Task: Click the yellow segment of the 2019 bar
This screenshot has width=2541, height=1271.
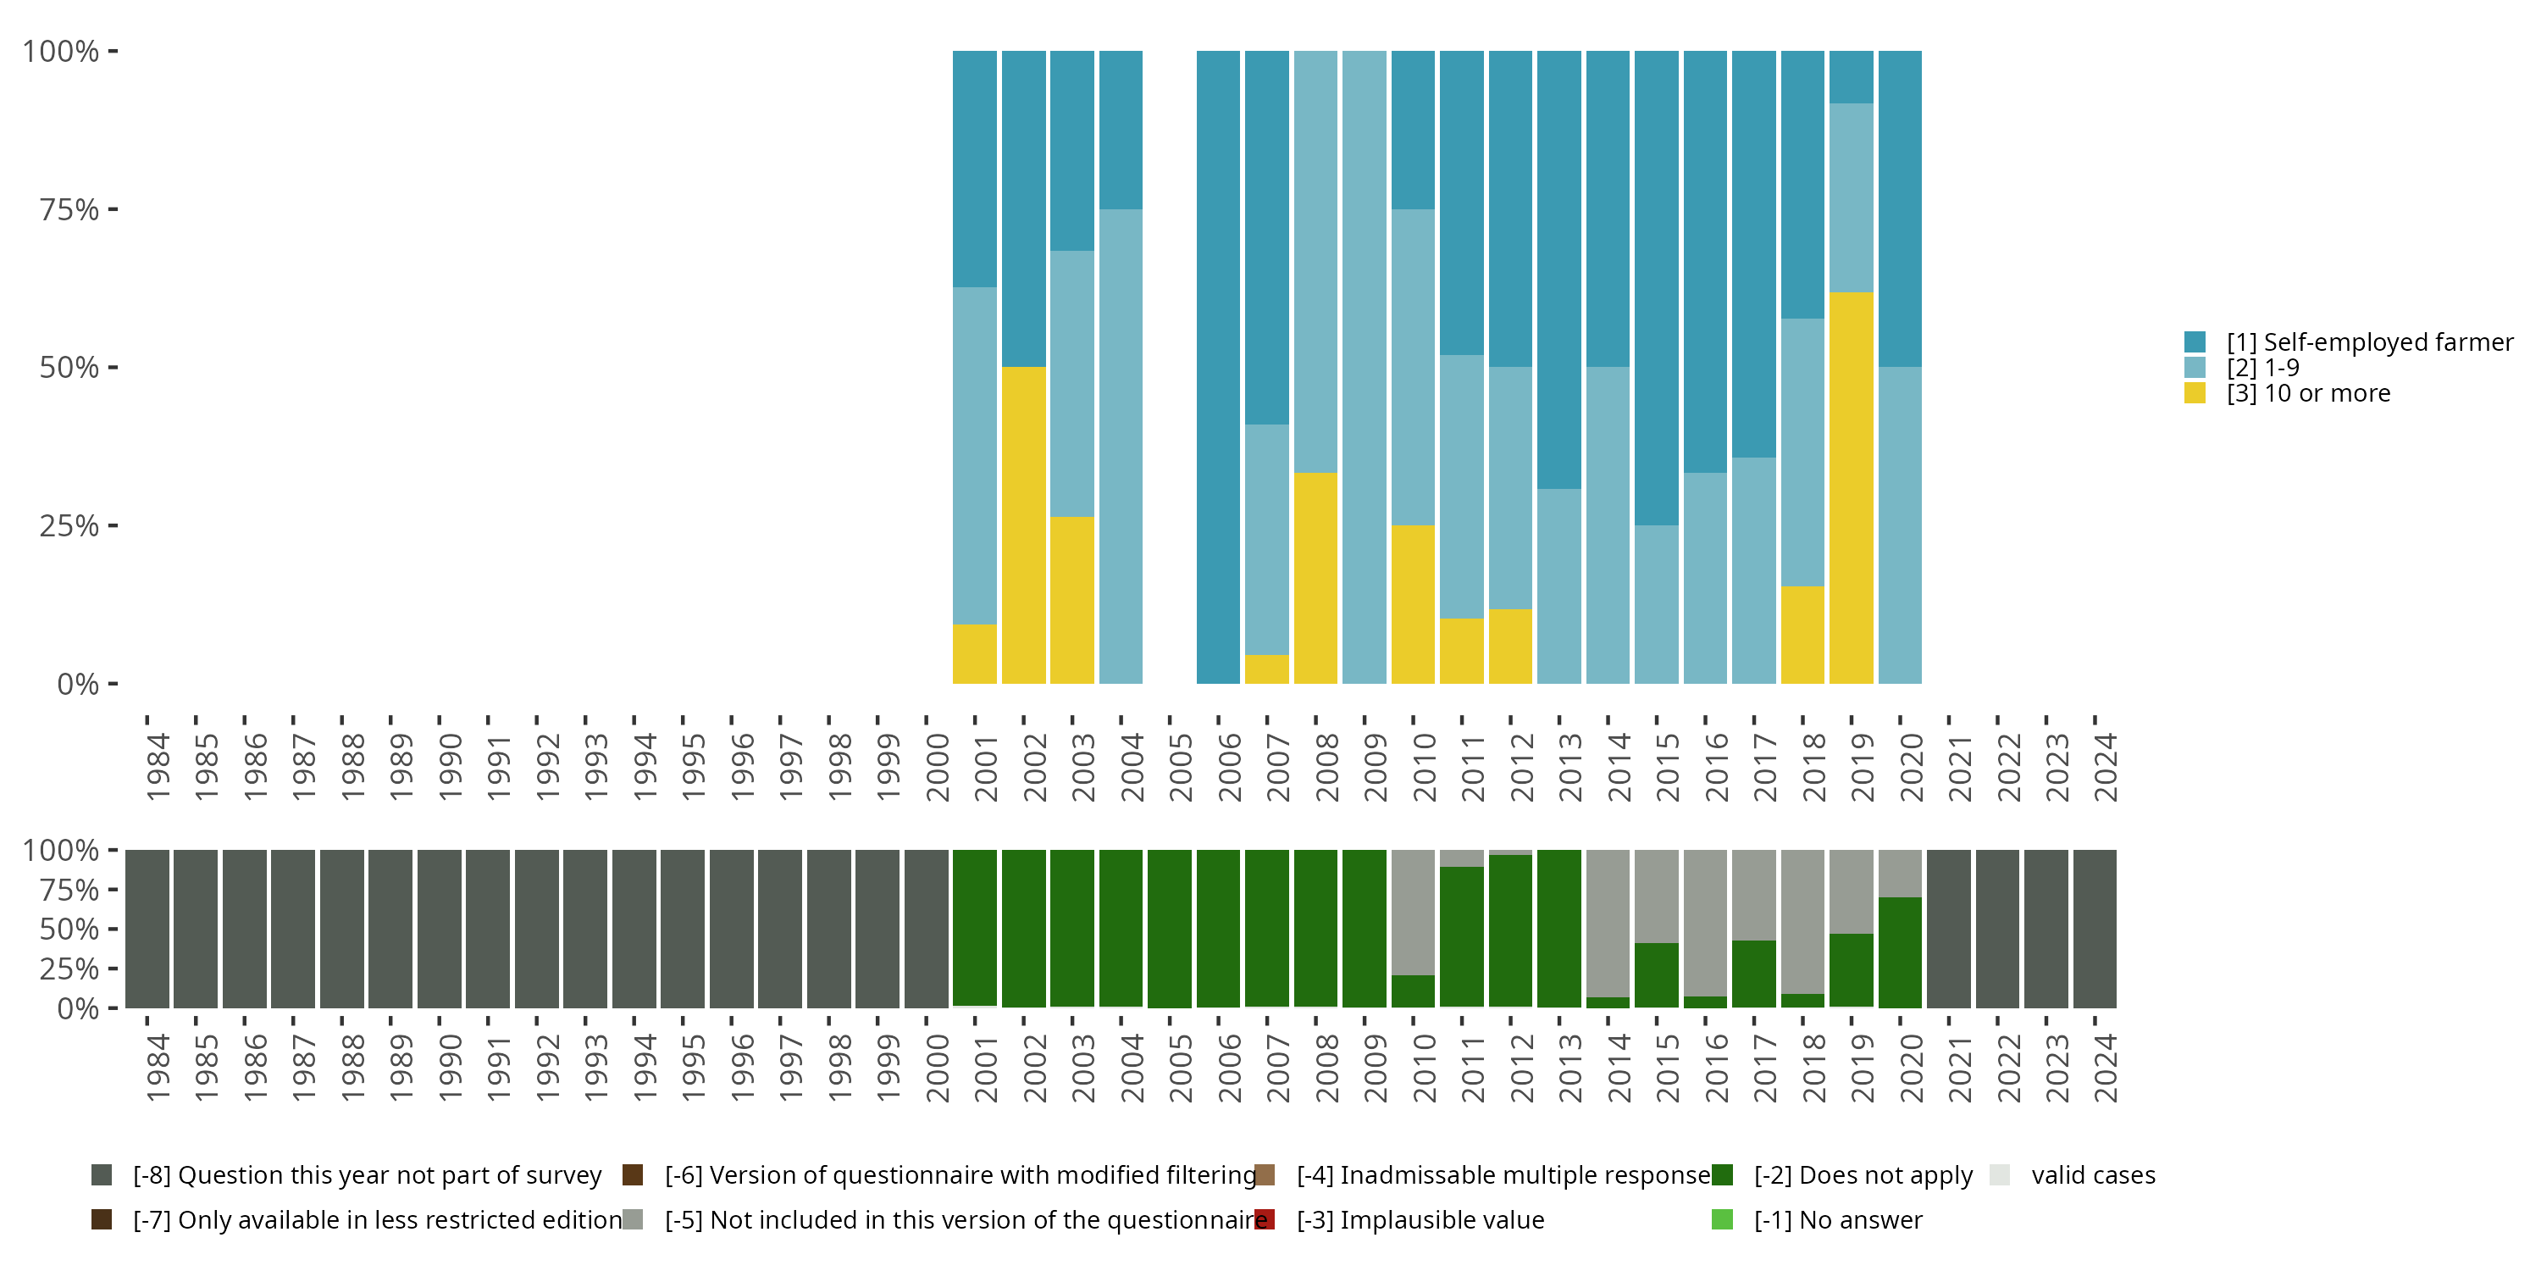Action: pos(1851,487)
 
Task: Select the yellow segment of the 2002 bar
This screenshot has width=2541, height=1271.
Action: pos(1023,525)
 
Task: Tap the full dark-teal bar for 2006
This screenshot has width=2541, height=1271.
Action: pos(1217,367)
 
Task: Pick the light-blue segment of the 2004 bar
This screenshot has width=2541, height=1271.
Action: pos(1121,446)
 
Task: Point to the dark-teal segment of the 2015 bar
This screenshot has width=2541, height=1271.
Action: pos(1656,288)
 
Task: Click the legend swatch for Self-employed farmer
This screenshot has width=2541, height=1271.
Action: pos(2195,342)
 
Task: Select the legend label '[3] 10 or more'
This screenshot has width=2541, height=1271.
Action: pos(2308,394)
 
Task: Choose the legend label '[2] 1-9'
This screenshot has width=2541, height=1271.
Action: pos(2263,368)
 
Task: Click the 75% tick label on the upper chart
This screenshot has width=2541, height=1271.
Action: pos(69,209)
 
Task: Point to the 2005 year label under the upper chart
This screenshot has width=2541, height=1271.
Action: pos(1180,767)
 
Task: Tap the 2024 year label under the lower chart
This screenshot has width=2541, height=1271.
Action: pos(2105,1068)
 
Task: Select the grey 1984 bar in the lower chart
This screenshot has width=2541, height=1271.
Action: pos(147,929)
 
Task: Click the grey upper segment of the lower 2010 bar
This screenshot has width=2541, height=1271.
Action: pos(1413,912)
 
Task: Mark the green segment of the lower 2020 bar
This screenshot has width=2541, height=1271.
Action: pos(1900,952)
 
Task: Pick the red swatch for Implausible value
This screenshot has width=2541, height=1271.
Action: pos(1265,1219)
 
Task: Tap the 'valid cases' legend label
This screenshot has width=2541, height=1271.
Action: pos(2093,1175)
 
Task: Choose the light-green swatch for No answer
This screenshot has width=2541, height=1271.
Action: pos(1722,1219)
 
